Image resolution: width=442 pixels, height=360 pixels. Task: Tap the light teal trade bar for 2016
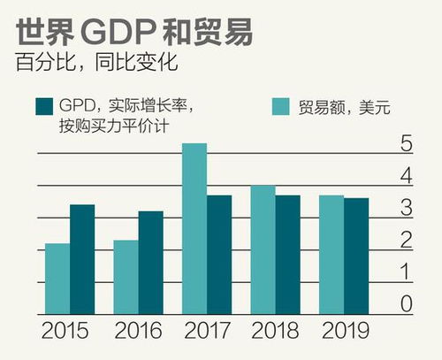click(126, 277)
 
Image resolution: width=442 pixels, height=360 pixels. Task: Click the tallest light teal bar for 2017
click(194, 229)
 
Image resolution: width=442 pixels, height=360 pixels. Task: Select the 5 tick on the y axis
click(406, 144)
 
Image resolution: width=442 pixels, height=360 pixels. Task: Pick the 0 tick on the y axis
click(406, 303)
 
